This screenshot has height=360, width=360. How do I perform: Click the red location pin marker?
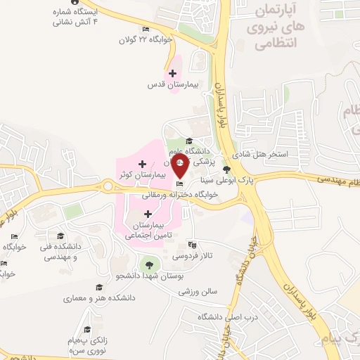pos(179,167)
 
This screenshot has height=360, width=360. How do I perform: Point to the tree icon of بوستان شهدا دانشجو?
pos(147,264)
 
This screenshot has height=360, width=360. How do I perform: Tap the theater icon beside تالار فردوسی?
pos(192,245)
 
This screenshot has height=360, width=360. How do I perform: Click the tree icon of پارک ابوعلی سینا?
pos(226,169)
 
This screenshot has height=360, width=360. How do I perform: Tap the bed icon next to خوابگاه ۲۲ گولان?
pos(146,29)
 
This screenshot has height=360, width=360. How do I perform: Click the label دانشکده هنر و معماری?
pos(89,299)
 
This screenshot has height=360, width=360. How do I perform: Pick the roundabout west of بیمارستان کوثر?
pos(108,186)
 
